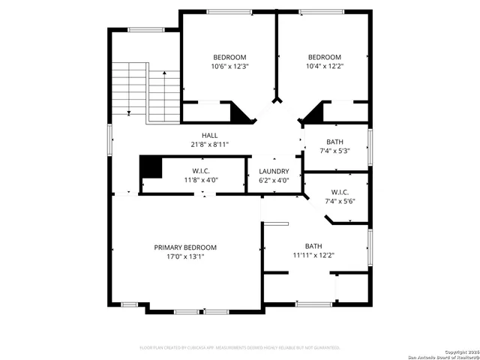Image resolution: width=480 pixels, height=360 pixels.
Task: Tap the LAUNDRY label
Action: (273, 171)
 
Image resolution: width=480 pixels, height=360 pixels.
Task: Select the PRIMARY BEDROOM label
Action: (185, 247)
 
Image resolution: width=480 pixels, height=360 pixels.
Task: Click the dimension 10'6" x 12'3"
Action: (229, 66)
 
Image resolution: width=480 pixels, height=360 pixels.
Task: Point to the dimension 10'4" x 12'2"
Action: (324, 66)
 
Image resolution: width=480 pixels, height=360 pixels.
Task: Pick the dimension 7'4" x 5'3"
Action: (335, 151)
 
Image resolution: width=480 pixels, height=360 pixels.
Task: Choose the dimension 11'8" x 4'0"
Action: (194, 180)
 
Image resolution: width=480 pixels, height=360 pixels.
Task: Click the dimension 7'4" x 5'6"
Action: (340, 201)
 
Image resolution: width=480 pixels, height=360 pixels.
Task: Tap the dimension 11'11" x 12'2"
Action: (313, 255)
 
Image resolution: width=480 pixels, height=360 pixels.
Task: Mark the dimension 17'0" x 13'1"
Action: (185, 256)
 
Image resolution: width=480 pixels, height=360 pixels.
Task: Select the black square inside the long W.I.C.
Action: (151, 167)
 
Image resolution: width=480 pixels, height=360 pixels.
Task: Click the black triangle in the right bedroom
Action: (313, 113)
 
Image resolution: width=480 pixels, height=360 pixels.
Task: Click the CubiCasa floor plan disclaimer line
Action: (240, 348)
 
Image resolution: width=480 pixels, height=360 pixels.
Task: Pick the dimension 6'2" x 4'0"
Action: (273, 180)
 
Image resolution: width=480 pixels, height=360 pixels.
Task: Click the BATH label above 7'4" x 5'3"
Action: (335, 142)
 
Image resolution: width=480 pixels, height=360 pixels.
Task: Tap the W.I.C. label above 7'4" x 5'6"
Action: (340, 192)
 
